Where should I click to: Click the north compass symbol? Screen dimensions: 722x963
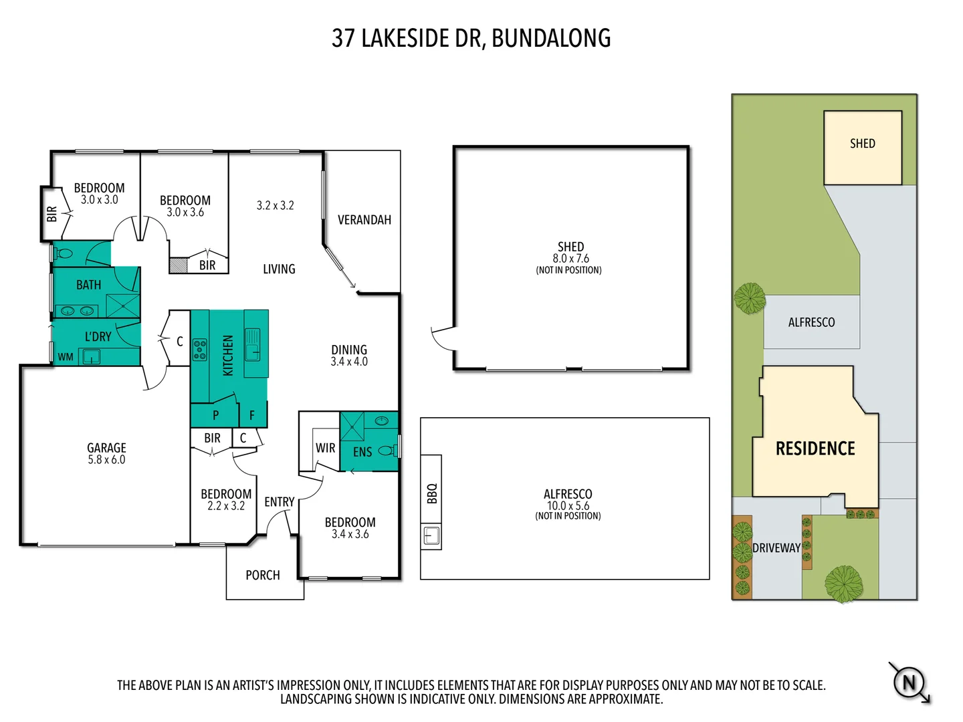coord(909,683)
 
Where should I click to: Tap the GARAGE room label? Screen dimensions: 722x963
coord(106,448)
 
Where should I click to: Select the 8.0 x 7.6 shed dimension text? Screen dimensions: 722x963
coord(570,259)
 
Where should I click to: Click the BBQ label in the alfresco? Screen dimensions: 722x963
coord(431,493)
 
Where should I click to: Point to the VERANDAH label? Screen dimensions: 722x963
coord(364,220)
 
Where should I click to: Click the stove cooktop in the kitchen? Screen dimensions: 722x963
coord(199,350)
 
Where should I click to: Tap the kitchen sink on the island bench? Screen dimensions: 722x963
coord(252,344)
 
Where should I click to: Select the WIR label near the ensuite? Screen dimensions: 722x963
coord(325,448)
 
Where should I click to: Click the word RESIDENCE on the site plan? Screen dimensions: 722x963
coord(815,449)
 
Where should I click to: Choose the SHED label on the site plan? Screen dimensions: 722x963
coord(862,144)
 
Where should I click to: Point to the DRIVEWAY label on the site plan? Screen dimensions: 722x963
coord(776,548)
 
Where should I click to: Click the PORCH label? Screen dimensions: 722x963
coord(262,575)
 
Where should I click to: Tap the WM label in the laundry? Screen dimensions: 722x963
coord(66,357)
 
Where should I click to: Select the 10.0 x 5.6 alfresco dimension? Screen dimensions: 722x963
coord(567,506)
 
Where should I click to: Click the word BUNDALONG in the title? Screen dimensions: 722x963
coord(551,38)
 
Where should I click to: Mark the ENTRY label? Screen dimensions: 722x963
coord(279,502)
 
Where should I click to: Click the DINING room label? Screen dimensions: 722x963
coord(348,350)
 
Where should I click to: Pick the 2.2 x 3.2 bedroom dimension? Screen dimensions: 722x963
coord(226,506)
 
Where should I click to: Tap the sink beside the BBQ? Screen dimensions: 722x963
coord(431,535)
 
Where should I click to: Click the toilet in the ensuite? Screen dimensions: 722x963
coord(386,451)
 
